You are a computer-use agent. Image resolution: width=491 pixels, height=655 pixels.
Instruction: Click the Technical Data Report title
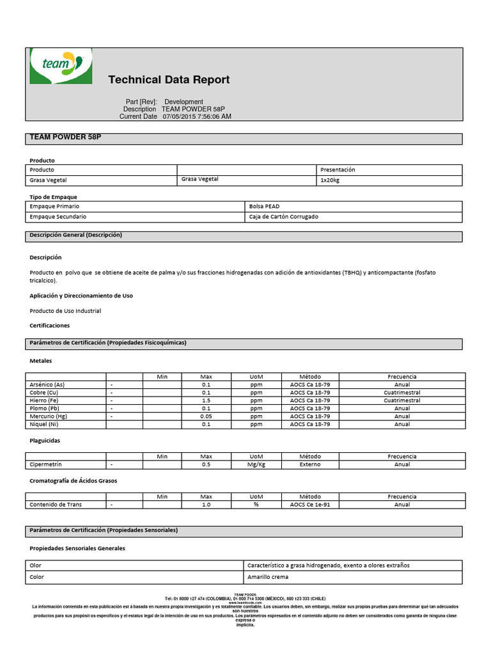point(169,80)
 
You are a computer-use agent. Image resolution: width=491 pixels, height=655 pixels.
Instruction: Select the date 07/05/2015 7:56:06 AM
point(197,117)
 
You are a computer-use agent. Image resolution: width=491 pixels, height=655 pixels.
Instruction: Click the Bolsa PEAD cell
point(264,207)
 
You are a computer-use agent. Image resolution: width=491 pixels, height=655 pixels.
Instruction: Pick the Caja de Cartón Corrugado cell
point(283,217)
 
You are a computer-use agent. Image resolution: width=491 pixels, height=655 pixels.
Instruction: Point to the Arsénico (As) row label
point(47,384)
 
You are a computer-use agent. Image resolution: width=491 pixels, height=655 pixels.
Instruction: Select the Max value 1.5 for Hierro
point(206,400)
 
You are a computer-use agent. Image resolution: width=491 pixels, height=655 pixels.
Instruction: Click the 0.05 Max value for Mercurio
point(206,416)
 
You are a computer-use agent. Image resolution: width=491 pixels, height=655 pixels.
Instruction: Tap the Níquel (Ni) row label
point(44,424)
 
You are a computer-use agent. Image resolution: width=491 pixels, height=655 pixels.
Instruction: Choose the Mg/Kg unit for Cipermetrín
point(256,464)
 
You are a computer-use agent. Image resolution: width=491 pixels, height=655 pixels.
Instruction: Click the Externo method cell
point(310,464)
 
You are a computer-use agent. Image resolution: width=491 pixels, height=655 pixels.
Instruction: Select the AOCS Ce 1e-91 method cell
point(310,505)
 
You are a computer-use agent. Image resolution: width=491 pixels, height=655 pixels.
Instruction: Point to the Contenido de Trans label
point(56,505)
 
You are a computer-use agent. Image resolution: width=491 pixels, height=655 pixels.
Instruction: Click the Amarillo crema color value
point(268,577)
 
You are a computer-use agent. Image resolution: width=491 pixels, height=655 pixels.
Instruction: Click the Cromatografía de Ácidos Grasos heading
point(74,480)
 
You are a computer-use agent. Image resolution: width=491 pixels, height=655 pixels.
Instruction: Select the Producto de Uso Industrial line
point(65,311)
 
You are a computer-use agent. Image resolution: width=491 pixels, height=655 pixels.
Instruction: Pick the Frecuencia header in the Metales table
point(402,377)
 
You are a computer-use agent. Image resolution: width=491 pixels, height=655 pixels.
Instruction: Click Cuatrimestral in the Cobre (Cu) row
point(402,393)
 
